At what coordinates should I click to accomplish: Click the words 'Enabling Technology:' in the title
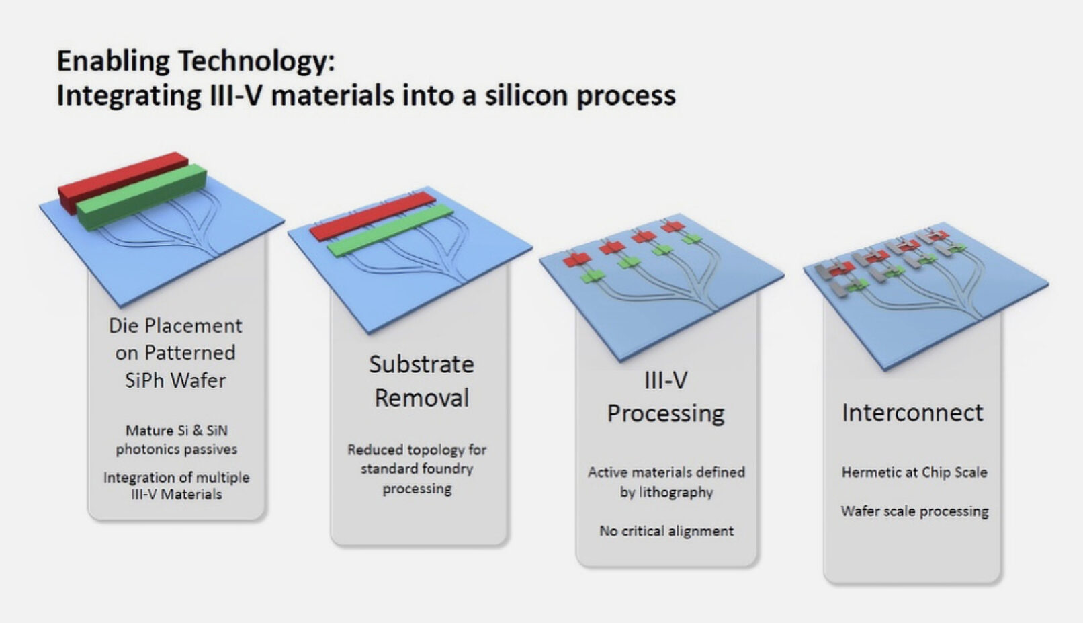pyautogui.click(x=195, y=61)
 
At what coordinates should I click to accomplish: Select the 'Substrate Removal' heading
pyautogui.click(x=421, y=380)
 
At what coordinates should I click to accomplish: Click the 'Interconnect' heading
pyautogui.click(x=912, y=412)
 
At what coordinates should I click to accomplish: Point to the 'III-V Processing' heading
pyautogui.click(x=665, y=397)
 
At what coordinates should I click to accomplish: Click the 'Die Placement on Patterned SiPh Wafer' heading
pyautogui.click(x=175, y=352)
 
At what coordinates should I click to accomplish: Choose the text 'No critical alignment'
pyautogui.click(x=666, y=531)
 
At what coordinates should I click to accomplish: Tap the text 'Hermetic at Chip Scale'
pyautogui.click(x=914, y=472)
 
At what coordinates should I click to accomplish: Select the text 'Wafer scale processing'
pyautogui.click(x=914, y=511)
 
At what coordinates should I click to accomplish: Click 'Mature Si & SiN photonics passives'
pyautogui.click(x=176, y=440)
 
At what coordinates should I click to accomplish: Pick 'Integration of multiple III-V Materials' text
pyautogui.click(x=176, y=485)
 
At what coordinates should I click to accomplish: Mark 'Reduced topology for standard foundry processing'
pyautogui.click(x=417, y=468)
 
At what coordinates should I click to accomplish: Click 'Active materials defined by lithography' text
pyautogui.click(x=666, y=482)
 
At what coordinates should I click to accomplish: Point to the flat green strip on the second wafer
pyautogui.click(x=390, y=229)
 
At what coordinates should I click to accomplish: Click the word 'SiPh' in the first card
pyautogui.click(x=144, y=380)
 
